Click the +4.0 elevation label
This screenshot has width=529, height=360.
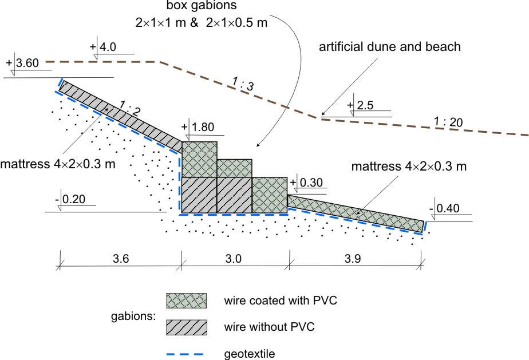104,46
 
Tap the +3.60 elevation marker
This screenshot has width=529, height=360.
23,63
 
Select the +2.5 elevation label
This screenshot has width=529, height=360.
360,106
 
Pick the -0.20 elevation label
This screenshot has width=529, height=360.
75,200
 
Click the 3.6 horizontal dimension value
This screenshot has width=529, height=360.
121,259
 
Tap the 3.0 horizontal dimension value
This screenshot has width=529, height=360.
234,259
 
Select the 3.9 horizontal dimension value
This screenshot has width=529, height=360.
357,259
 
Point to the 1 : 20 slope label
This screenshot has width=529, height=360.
448,122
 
